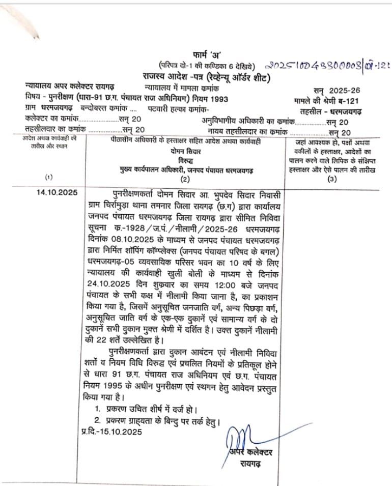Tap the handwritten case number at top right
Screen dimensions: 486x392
point(329,66)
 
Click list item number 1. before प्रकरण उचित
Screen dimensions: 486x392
point(99,409)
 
